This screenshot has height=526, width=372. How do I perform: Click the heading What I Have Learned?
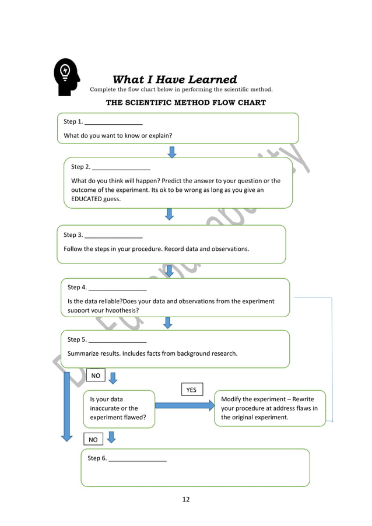coord(174,79)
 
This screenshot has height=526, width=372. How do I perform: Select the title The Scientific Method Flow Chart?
coord(185,103)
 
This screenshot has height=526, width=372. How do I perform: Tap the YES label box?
coord(191,390)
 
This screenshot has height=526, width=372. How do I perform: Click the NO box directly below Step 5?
coord(95,376)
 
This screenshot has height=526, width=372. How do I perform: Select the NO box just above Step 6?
coord(93,440)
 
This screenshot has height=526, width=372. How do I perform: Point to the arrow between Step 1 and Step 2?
coord(172,152)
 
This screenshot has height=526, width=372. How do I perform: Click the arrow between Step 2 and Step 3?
coord(169,215)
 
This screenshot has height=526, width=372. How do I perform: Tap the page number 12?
coord(185,499)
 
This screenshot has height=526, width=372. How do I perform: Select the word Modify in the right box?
coord(233,399)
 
